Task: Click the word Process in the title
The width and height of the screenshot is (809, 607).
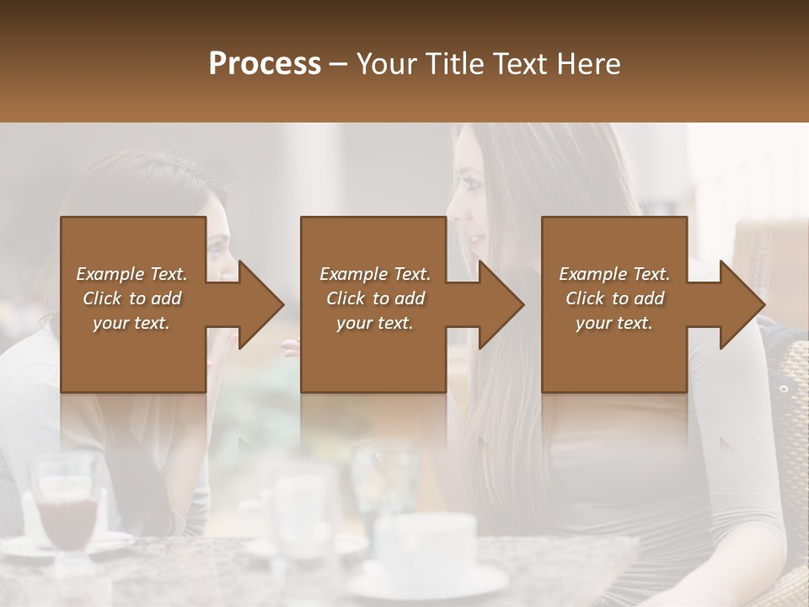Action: (x=265, y=63)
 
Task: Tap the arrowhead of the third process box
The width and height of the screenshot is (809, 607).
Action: (x=741, y=304)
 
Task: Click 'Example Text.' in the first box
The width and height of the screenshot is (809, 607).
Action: (x=131, y=274)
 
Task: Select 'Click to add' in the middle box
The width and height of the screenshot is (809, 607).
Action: (x=375, y=298)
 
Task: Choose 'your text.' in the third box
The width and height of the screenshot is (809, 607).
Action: (x=614, y=323)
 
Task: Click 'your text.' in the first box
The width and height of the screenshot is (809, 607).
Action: (x=131, y=323)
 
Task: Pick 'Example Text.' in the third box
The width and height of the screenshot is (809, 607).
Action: (x=614, y=274)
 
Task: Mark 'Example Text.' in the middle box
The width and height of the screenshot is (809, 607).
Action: (x=375, y=274)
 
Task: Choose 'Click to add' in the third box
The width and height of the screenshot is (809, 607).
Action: (x=614, y=298)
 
